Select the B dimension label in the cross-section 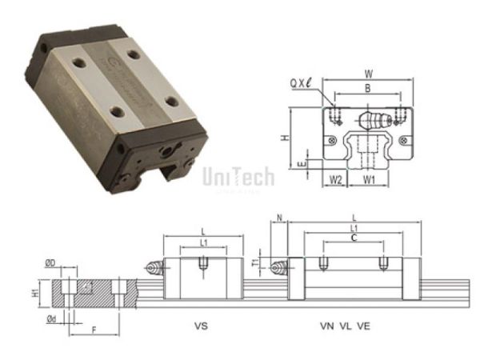pyautogui.click(x=367, y=90)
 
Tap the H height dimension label pyautogui.click(x=285, y=137)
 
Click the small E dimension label pyautogui.click(x=301, y=164)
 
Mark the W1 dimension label pyautogui.click(x=368, y=180)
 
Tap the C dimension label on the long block pyautogui.click(x=354, y=238)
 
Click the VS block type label pyautogui.click(x=202, y=326)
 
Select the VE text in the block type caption pyautogui.click(x=363, y=326)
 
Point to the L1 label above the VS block pyautogui.click(x=204, y=242)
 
